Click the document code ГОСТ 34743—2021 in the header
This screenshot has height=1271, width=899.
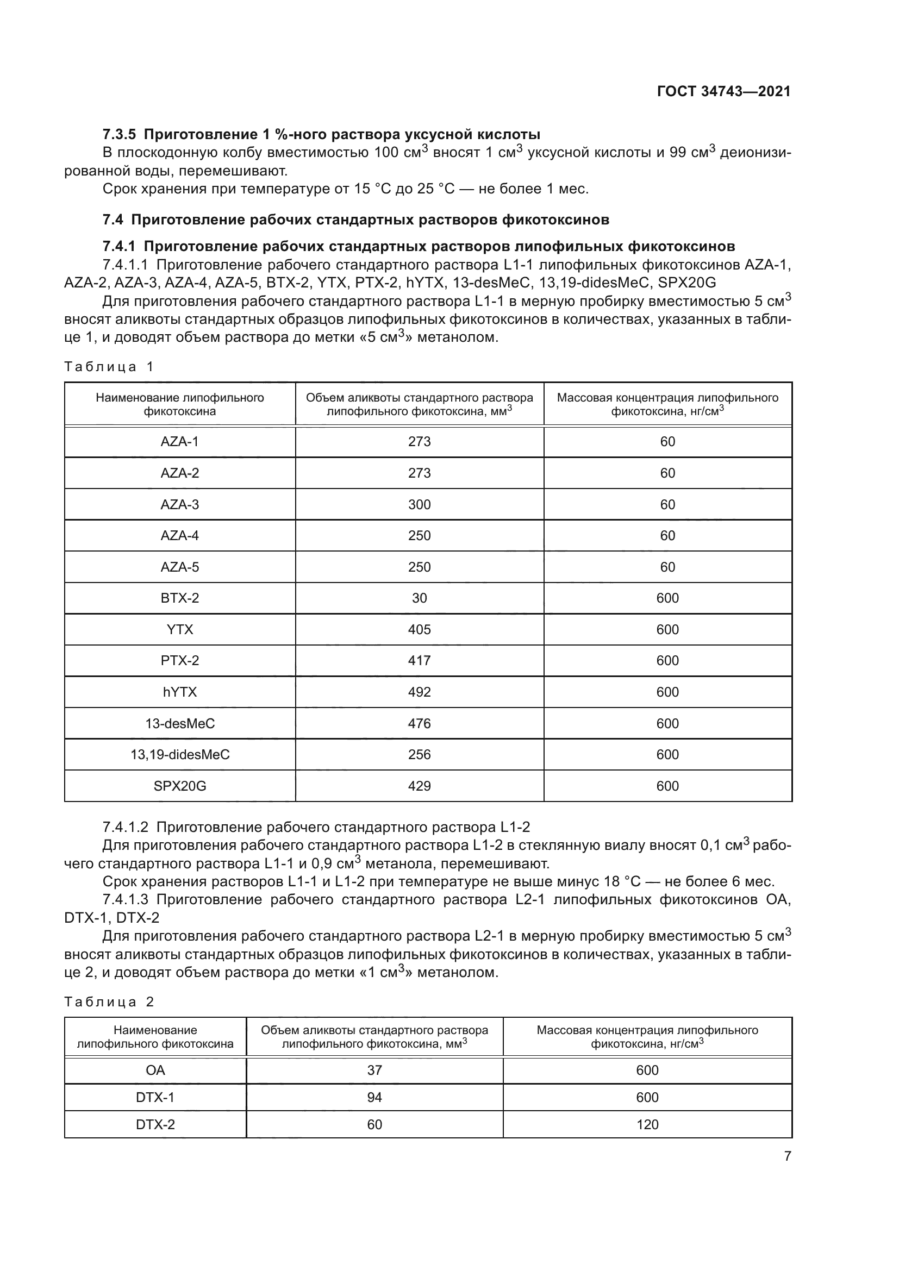(x=723, y=92)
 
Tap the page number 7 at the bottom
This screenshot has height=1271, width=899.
(x=787, y=1156)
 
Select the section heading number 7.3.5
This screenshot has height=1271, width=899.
(x=119, y=135)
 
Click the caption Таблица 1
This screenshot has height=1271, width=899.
(x=109, y=366)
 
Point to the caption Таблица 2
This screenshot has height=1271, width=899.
(x=109, y=1001)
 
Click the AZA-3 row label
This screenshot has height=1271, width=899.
(x=179, y=504)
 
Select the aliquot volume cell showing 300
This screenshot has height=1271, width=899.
(x=419, y=504)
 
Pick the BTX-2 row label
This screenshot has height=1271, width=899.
(x=179, y=598)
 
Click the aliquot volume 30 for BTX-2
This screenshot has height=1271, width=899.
(x=419, y=598)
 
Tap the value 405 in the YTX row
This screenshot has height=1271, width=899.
(x=419, y=629)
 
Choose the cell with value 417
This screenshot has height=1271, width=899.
(x=419, y=660)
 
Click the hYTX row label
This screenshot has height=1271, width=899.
(x=179, y=692)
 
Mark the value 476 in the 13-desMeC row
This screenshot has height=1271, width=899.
(x=419, y=723)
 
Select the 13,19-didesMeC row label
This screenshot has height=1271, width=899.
(x=179, y=755)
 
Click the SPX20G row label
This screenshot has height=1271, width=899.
(x=179, y=786)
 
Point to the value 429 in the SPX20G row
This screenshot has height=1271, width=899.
(x=419, y=786)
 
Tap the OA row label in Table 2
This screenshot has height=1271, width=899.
(x=155, y=1070)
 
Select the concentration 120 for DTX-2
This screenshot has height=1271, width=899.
(x=647, y=1124)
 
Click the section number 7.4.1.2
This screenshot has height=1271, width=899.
(x=126, y=827)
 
